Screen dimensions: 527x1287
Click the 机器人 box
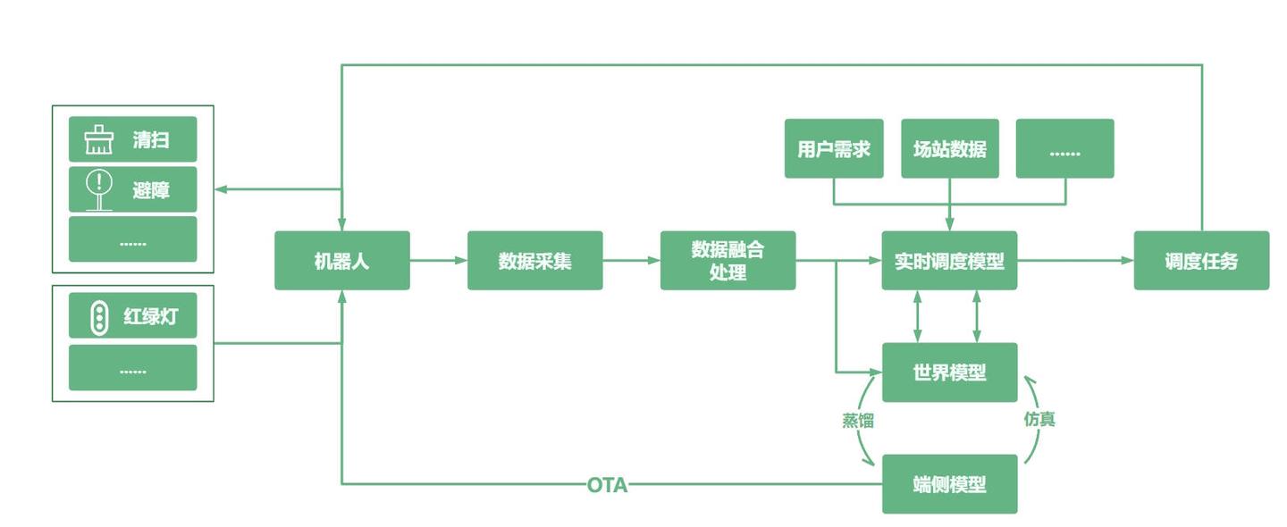pos(341,261)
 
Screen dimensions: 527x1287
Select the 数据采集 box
pos(534,261)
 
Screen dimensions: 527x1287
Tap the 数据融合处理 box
pos(728,261)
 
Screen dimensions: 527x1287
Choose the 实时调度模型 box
pos(949,261)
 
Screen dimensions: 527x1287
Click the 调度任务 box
pos(1201,261)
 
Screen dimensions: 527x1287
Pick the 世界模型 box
pos(949,372)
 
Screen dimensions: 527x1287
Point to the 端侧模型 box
pos(949,484)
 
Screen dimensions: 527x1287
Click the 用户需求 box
pos(834,148)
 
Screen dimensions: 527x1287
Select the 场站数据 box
pos(949,148)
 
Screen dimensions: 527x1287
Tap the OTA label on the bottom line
pos(607,485)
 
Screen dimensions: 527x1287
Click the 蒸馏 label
pos(858,421)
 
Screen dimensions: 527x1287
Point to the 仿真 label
pos(1039,418)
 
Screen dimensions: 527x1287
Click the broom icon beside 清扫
pos(98,140)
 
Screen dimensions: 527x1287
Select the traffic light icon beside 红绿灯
pos(99,317)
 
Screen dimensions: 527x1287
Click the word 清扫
pos(151,140)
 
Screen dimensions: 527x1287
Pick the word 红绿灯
pos(150,317)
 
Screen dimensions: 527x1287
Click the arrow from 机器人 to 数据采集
pos(438,261)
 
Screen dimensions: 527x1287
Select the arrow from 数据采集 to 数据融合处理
pos(631,261)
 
